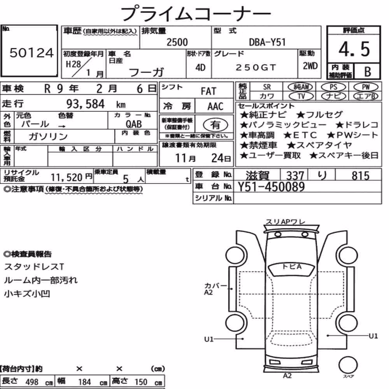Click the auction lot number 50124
[32, 53]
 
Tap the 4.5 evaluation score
[354, 49]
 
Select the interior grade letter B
[368, 72]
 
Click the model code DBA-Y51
[267, 42]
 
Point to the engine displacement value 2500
[177, 42]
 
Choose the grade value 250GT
[256, 67]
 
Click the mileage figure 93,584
[85, 104]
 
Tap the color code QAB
[134, 124]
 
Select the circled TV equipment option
[301, 96]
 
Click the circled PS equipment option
[333, 87]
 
